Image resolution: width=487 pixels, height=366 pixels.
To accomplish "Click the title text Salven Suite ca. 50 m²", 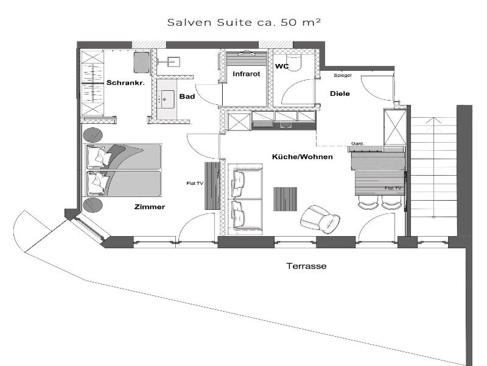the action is tap(244, 22).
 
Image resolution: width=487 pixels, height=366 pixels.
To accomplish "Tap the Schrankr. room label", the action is tap(125, 83).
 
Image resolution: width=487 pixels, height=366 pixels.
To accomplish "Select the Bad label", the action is tap(187, 96).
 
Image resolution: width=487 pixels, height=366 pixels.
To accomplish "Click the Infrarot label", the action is tap(247, 74).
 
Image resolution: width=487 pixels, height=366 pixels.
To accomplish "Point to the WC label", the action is tap(282, 66).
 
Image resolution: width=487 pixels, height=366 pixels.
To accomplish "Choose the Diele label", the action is tap(340, 93).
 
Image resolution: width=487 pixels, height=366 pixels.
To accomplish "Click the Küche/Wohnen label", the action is tap(302, 157).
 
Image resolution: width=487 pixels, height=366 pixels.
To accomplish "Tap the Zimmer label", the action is tap(149, 207).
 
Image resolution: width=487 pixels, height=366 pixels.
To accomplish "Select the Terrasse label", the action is tap(306, 266).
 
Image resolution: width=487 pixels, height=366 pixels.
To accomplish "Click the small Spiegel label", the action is tap(343, 75).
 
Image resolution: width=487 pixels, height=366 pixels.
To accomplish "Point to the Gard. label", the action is tap(357, 143).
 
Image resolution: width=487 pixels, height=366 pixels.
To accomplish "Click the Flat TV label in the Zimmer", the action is tap(195, 184).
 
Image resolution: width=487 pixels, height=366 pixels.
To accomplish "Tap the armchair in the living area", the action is tap(320, 219).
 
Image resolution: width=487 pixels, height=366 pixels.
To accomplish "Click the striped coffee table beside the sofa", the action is tap(285, 199).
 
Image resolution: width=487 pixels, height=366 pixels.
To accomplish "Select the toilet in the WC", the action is tap(293, 63).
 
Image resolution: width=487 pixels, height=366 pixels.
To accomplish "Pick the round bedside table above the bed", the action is tap(93, 135).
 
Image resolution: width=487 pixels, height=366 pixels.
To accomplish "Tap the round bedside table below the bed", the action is tap(93, 205).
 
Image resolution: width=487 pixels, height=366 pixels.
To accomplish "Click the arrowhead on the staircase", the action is tap(433, 121).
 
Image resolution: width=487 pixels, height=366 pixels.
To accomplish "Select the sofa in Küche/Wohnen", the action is tap(245, 199).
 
